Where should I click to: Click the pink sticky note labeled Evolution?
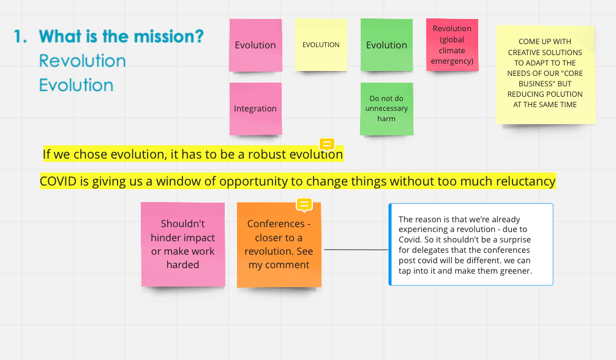[255, 45]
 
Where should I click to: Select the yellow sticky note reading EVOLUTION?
[321, 45]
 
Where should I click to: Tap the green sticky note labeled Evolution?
[386, 45]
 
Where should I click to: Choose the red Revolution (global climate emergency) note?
[452, 45]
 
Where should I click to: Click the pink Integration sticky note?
[255, 109]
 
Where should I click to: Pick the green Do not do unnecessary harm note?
[386, 109]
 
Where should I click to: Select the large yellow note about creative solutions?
[546, 75]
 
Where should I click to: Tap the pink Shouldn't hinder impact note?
[183, 244]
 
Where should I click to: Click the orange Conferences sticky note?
[279, 244]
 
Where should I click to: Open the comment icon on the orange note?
[304, 204]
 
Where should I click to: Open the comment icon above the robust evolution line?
[327, 144]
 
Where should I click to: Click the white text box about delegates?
[471, 244]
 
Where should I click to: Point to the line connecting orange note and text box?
[356, 250]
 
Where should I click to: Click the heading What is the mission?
[121, 37]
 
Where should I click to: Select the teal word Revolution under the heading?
[83, 61]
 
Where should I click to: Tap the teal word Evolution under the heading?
[76, 85]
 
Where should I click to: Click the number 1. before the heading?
[20, 37]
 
